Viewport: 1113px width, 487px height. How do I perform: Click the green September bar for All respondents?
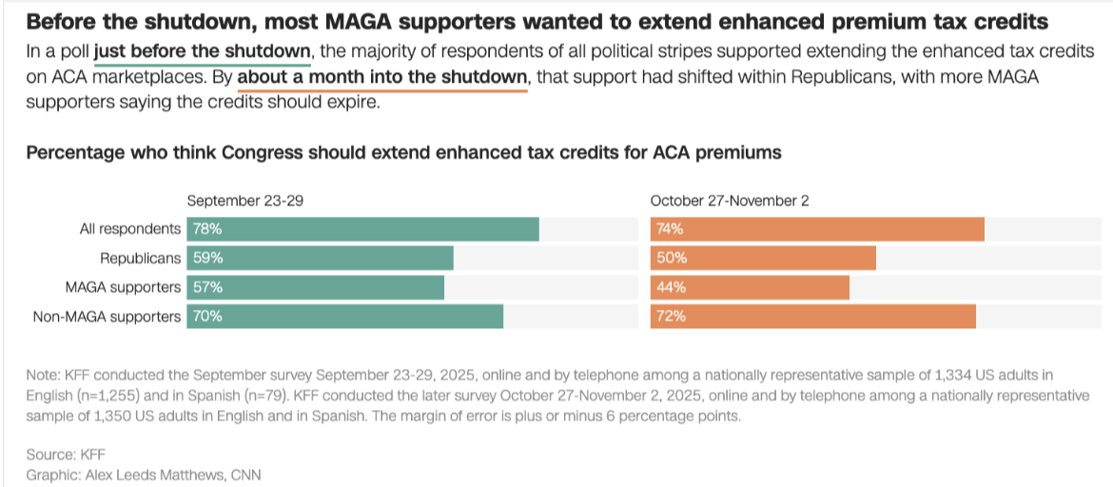pyautogui.click(x=362, y=229)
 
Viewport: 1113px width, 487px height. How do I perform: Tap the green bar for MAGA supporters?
pyautogui.click(x=315, y=287)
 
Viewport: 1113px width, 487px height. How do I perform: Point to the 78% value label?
pyautogui.click(x=207, y=229)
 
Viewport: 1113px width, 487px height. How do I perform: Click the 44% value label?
pyautogui.click(x=670, y=287)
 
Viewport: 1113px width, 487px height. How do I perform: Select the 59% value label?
pyautogui.click(x=207, y=258)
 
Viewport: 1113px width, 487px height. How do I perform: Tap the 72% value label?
pyautogui.click(x=670, y=316)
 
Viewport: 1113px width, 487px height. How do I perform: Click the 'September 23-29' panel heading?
pyautogui.click(x=245, y=201)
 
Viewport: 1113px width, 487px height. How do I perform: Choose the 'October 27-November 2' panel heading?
pyautogui.click(x=730, y=201)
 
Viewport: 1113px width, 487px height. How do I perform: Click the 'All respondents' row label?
pyautogui.click(x=130, y=229)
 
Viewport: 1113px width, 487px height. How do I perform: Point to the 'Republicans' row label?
pyautogui.click(x=141, y=258)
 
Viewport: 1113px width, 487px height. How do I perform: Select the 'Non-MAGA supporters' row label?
pyautogui.click(x=107, y=316)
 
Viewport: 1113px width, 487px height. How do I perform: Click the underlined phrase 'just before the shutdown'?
pyautogui.click(x=203, y=51)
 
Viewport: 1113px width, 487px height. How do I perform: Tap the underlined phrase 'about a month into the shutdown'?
pyautogui.click(x=382, y=77)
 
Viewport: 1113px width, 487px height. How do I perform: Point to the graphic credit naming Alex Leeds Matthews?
pyautogui.click(x=144, y=474)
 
